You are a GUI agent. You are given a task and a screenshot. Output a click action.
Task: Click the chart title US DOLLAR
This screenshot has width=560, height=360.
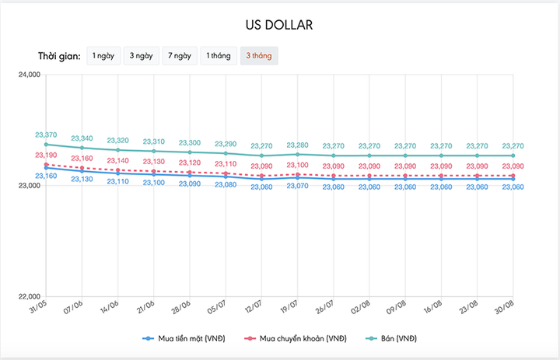[279, 25]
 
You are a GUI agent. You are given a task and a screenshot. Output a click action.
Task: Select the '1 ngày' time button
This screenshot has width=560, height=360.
[103, 56]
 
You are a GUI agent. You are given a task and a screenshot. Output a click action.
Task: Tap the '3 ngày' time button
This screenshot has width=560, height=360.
[141, 56]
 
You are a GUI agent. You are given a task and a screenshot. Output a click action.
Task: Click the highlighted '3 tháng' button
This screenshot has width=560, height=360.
[259, 56]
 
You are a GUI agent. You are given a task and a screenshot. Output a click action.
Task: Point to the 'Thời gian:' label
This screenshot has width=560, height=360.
[59, 57]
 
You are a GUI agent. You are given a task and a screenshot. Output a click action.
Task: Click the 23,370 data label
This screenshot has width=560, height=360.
[46, 135]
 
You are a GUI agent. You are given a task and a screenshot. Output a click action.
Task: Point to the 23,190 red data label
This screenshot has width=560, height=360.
[46, 156]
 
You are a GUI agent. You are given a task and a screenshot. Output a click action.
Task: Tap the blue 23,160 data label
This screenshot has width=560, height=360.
[46, 176]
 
